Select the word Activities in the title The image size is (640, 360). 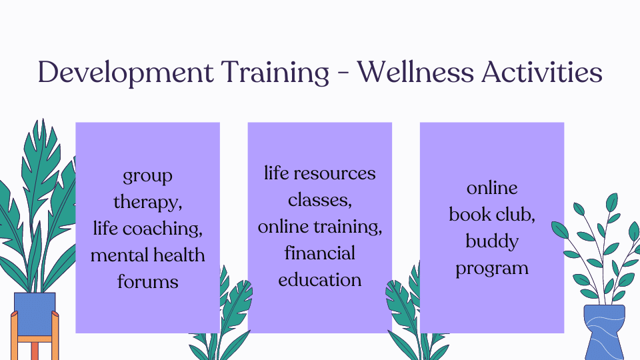pyautogui.click(x=547, y=72)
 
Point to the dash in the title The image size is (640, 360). pyautogui.click(x=345, y=73)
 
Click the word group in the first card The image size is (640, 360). pyautogui.click(x=147, y=177)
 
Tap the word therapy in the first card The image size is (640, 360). pyautogui.click(x=147, y=203)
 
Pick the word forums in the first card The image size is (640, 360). pyautogui.click(x=147, y=281)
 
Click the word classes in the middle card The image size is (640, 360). pyautogui.click(x=319, y=200)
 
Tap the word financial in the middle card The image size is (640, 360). pyautogui.click(x=319, y=253)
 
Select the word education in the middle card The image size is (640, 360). pyautogui.click(x=319, y=280)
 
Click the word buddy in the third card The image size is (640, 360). pyautogui.click(x=491, y=241)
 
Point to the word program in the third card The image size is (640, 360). pyautogui.click(x=491, y=269)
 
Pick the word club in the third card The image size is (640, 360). pyautogui.click(x=515, y=215)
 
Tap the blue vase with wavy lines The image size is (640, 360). pyautogui.click(x=604, y=331)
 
